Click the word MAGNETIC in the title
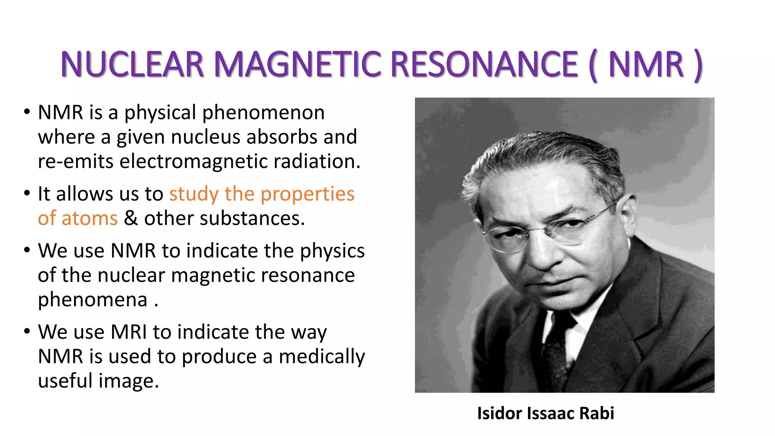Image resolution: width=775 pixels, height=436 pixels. point(297,64)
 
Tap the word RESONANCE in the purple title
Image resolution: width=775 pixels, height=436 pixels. point(484,64)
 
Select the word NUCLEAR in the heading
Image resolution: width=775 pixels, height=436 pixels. point(132,64)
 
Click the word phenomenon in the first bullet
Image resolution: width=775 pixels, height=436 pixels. point(263,113)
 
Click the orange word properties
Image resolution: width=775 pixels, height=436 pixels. point(307,194)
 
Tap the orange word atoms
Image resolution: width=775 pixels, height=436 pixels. point(90,218)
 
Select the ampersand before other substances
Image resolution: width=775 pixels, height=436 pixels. point(131,218)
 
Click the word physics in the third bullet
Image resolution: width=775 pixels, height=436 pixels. point(332,251)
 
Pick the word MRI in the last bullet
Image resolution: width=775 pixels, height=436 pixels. point(128,332)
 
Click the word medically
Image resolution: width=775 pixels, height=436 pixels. point(322,357)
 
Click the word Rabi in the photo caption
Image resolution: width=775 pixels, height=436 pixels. point(597,413)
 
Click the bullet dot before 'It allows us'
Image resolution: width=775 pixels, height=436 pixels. point(26,193)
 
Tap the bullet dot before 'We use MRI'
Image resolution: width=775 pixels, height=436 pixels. point(26,332)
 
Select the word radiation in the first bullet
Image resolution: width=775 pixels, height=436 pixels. point(317,161)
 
